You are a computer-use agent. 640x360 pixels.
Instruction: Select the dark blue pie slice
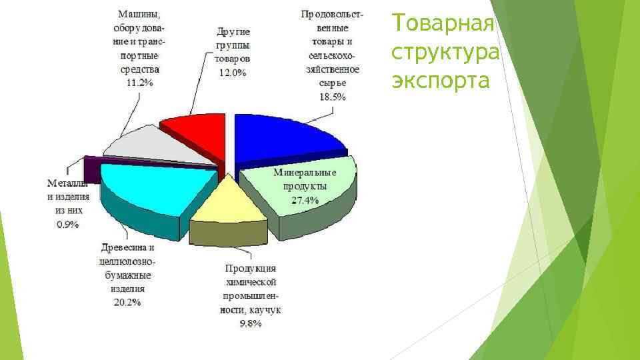pos(283,137)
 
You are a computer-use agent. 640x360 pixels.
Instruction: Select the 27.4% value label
pos(305,200)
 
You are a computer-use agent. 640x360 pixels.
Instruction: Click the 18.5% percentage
pos(333,97)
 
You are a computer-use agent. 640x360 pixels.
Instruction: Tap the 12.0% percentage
pos(233,73)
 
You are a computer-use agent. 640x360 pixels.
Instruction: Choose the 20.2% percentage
pos(127,303)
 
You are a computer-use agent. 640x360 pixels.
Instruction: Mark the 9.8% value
pos(251,324)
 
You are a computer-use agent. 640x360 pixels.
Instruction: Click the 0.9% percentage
pos(67,225)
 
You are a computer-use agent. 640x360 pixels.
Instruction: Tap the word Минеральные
pos(305,173)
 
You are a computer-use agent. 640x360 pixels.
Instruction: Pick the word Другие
pos(233,31)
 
